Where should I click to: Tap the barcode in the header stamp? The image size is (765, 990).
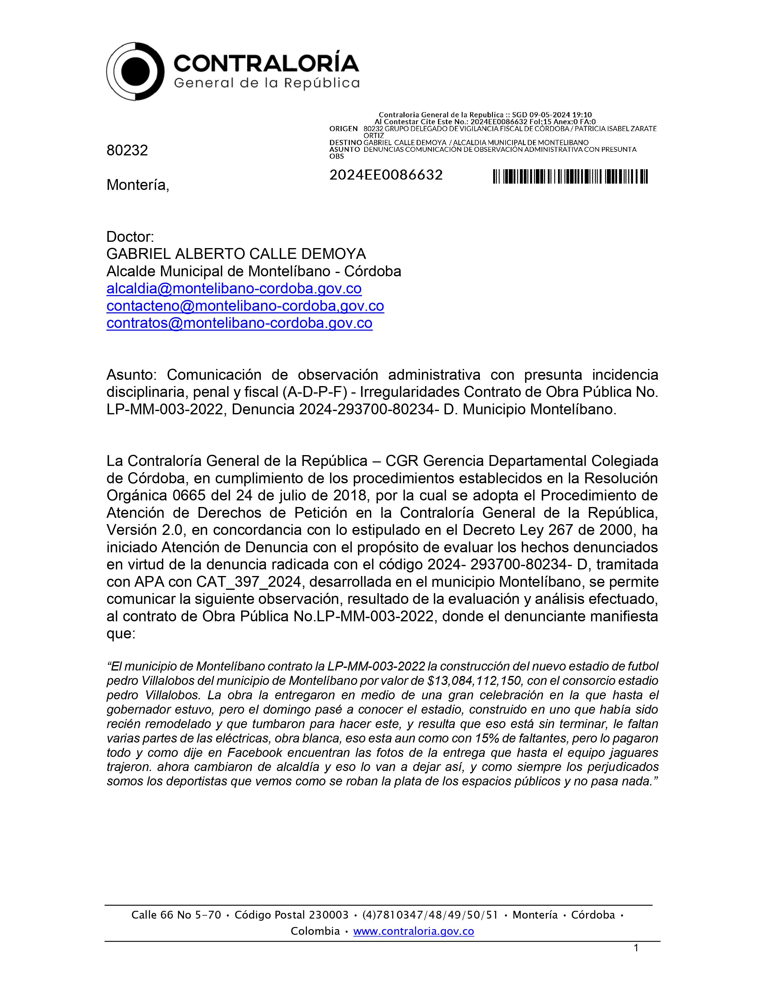click(570, 176)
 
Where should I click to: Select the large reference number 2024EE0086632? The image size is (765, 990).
click(386, 175)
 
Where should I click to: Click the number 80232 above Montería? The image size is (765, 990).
click(127, 150)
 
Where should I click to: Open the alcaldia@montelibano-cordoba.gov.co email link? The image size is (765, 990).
click(234, 288)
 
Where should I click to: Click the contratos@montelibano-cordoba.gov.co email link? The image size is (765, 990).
click(239, 323)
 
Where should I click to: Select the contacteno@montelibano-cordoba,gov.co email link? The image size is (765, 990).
click(245, 306)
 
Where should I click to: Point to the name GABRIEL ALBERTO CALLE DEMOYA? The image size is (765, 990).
click(236, 253)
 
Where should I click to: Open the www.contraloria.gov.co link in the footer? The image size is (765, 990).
click(413, 931)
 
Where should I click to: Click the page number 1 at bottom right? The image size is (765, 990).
click(636, 948)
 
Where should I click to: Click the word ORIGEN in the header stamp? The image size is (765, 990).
click(343, 129)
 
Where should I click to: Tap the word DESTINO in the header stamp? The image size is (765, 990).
click(345, 142)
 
